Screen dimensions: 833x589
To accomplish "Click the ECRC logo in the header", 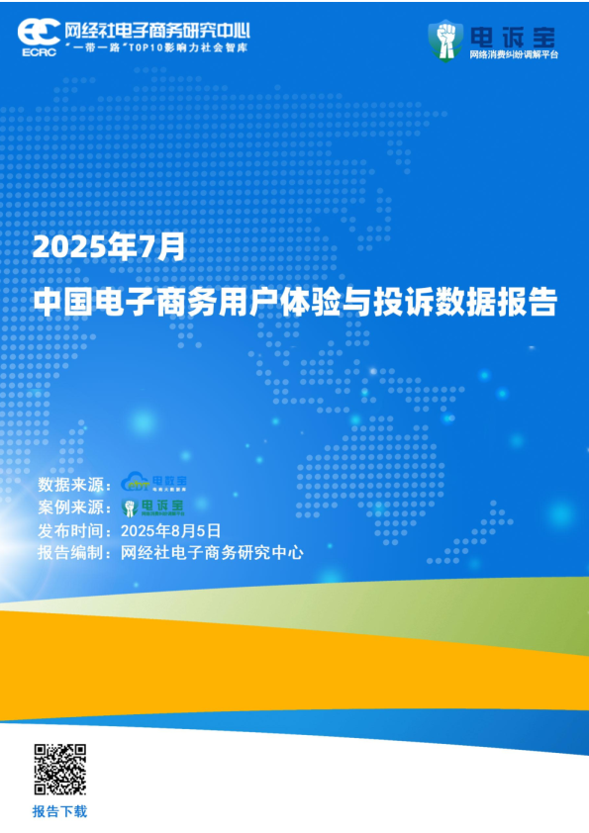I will click(38, 33).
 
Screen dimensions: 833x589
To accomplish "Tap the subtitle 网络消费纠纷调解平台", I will click(514, 54).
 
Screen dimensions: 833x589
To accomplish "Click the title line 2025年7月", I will click(108, 245).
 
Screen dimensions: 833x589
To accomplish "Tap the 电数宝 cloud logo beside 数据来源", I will click(153, 483).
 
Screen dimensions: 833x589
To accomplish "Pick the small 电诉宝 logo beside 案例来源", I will click(152, 508).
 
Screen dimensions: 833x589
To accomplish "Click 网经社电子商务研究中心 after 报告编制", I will click(211, 553).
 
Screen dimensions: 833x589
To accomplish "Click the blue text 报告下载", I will click(59, 811).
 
